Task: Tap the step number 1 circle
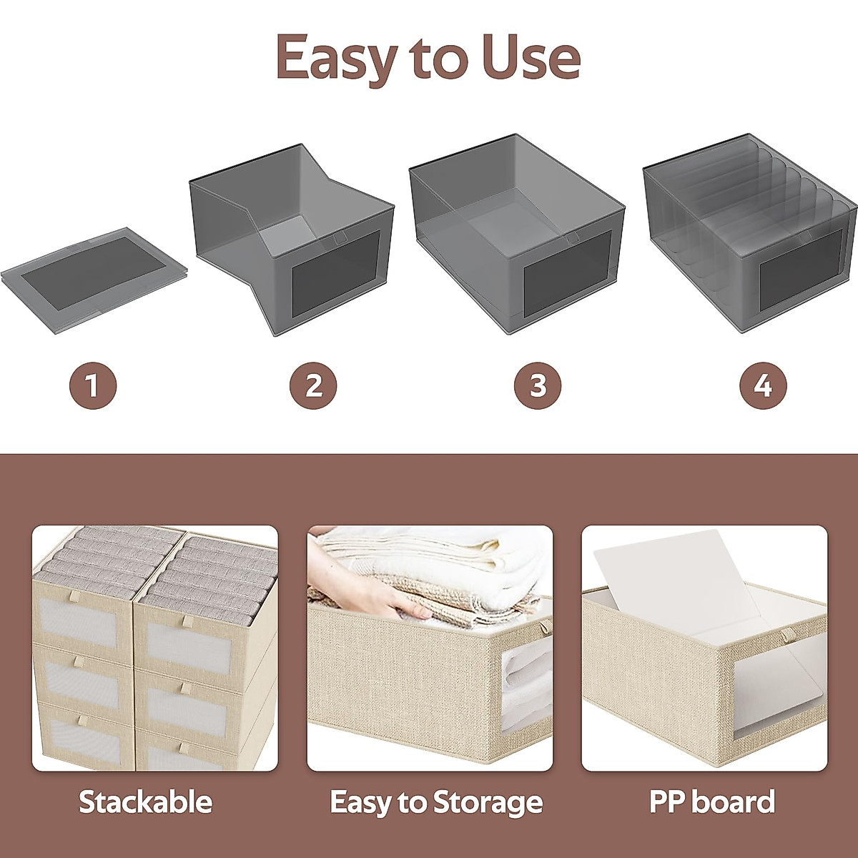tap(92, 385)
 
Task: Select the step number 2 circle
tap(313, 385)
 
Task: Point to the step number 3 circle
tap(538, 385)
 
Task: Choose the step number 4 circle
tap(763, 385)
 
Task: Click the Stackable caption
tap(145, 802)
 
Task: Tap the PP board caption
tap(711, 802)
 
